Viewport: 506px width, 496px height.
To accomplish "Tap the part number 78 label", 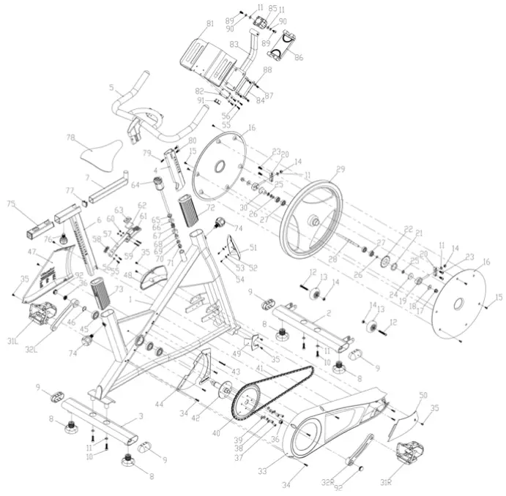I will click(71, 138).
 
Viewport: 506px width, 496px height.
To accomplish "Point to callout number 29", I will click(340, 170).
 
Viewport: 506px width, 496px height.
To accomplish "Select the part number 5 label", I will click(111, 88).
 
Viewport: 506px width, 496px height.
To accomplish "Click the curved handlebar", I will click(157, 117).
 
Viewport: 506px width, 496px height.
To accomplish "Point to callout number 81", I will click(210, 24).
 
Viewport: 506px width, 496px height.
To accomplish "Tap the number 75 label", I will click(11, 203).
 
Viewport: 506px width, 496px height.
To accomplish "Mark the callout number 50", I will click(423, 395).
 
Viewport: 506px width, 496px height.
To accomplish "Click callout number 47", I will click(32, 252).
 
